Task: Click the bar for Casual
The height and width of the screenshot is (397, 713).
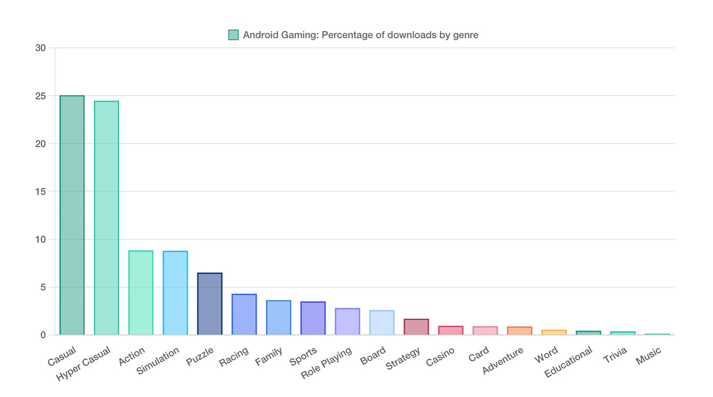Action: pyautogui.click(x=72, y=216)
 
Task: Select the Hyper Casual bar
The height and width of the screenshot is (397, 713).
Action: pyautogui.click(x=106, y=218)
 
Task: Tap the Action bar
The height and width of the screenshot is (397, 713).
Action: pyautogui.click(x=141, y=293)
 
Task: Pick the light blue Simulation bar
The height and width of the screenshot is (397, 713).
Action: pyautogui.click(x=175, y=293)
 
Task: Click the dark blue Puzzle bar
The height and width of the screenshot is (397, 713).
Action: pyautogui.click(x=210, y=304)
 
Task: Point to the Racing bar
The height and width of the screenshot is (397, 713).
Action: pyautogui.click(x=244, y=315)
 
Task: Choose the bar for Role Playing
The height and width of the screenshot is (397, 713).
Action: pyautogui.click(x=347, y=322)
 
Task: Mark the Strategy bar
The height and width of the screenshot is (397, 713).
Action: pyautogui.click(x=416, y=327)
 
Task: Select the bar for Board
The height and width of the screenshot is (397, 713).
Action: pyautogui.click(x=382, y=323)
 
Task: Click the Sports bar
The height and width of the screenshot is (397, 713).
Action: pyautogui.click(x=313, y=319)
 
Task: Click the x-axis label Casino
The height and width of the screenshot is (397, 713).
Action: pyautogui.click(x=440, y=357)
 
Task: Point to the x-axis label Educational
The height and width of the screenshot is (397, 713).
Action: pyautogui.click(x=569, y=362)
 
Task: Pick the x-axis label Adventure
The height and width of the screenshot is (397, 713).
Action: pyautogui.click(x=503, y=361)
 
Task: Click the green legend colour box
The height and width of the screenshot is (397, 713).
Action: pyautogui.click(x=234, y=35)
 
